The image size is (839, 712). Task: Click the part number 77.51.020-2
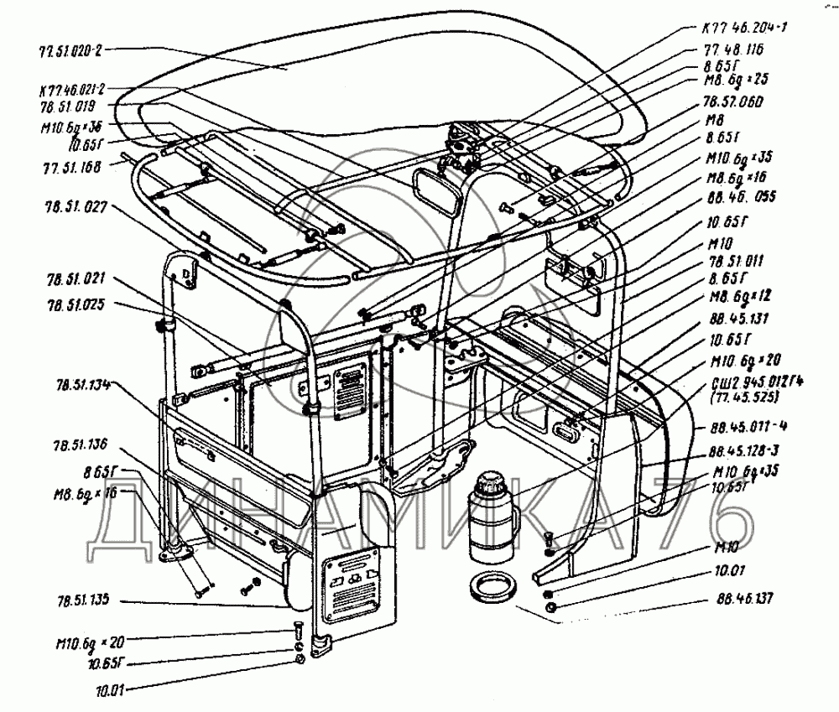pos(70,49)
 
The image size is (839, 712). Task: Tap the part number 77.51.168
pos(70,166)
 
